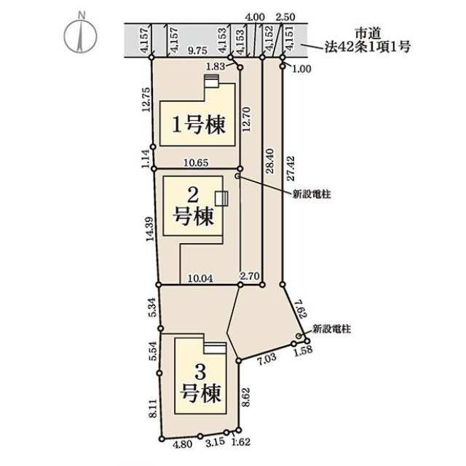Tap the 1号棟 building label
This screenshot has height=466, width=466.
click(197, 125)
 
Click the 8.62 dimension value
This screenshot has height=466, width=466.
click(246, 398)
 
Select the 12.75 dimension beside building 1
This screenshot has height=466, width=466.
click(145, 101)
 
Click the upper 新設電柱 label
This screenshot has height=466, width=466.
click(312, 194)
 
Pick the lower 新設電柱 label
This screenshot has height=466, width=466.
click(331, 329)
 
